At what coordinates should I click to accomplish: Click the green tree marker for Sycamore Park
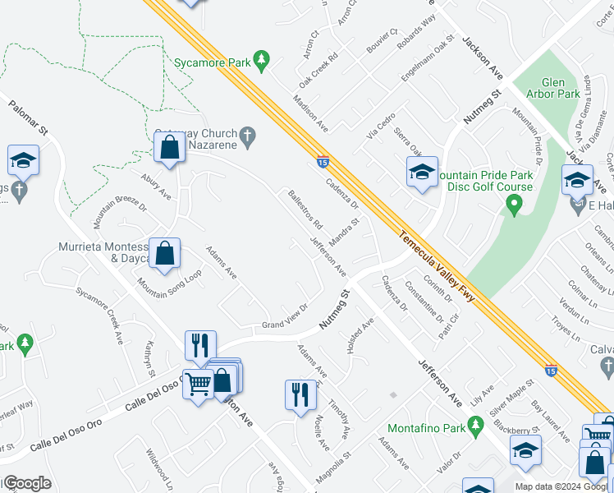261,59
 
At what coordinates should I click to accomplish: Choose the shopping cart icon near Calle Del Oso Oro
198,380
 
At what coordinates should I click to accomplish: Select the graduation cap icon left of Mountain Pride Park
422,172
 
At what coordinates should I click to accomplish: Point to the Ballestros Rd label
305,210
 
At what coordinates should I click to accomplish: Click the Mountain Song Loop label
169,287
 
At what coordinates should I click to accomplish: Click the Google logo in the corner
27,483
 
